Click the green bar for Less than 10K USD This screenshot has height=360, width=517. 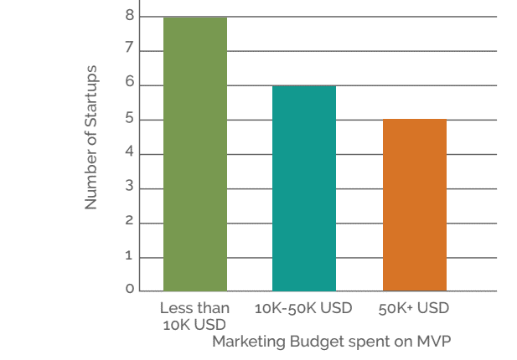pos(195,154)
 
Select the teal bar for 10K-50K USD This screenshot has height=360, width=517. pos(304,188)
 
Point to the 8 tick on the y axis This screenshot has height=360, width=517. pos(130,15)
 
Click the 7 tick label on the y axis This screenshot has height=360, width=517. pos(130,50)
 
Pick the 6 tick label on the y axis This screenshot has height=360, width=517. pos(130,85)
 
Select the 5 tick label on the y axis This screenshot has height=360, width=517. pos(130,119)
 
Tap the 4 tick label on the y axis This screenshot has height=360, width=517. pos(130,153)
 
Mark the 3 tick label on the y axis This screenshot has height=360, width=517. pos(130,187)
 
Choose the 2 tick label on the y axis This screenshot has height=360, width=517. pos(130,221)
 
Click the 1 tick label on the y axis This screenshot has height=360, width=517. pos(130,255)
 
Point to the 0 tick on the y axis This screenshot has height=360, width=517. pos(130,290)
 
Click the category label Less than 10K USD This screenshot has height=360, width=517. pos(194,316)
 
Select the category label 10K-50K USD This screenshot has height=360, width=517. pos(303,308)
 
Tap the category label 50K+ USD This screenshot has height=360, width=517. pos(414,308)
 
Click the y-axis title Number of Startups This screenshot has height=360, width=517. pos(91,137)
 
